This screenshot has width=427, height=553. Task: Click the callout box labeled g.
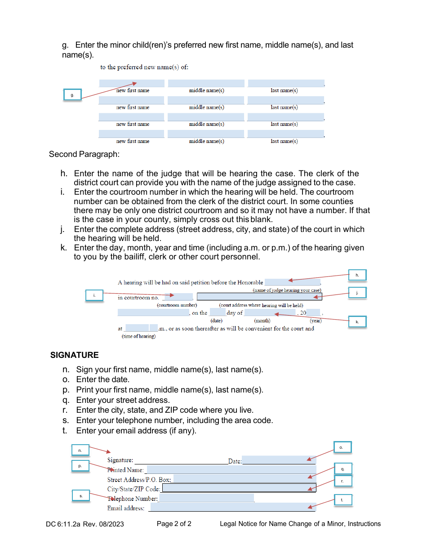click(72, 95)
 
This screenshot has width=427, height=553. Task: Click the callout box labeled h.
click(357, 275)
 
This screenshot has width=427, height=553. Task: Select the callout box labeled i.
click(94, 295)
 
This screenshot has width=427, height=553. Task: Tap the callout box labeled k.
click(357, 321)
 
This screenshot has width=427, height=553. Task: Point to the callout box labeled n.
click(80, 450)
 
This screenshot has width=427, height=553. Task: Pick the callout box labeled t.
click(342, 500)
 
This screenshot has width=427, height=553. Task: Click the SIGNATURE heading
click(75, 355)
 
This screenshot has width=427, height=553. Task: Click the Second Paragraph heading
click(84, 154)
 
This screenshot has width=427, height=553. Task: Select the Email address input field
click(232, 508)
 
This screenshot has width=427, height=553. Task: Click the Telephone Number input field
click(207, 498)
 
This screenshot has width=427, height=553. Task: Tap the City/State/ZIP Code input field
click(239, 488)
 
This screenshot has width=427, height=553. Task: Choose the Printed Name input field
click(230, 470)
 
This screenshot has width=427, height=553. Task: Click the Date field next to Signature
click(279, 460)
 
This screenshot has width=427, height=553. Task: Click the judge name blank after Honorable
click(292, 282)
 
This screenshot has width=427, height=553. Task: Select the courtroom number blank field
click(178, 297)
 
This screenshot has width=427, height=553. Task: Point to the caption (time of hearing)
click(139, 336)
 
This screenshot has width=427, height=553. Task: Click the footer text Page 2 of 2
click(174, 523)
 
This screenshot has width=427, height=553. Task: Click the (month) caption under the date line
click(262, 321)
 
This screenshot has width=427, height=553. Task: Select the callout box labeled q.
click(342, 469)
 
